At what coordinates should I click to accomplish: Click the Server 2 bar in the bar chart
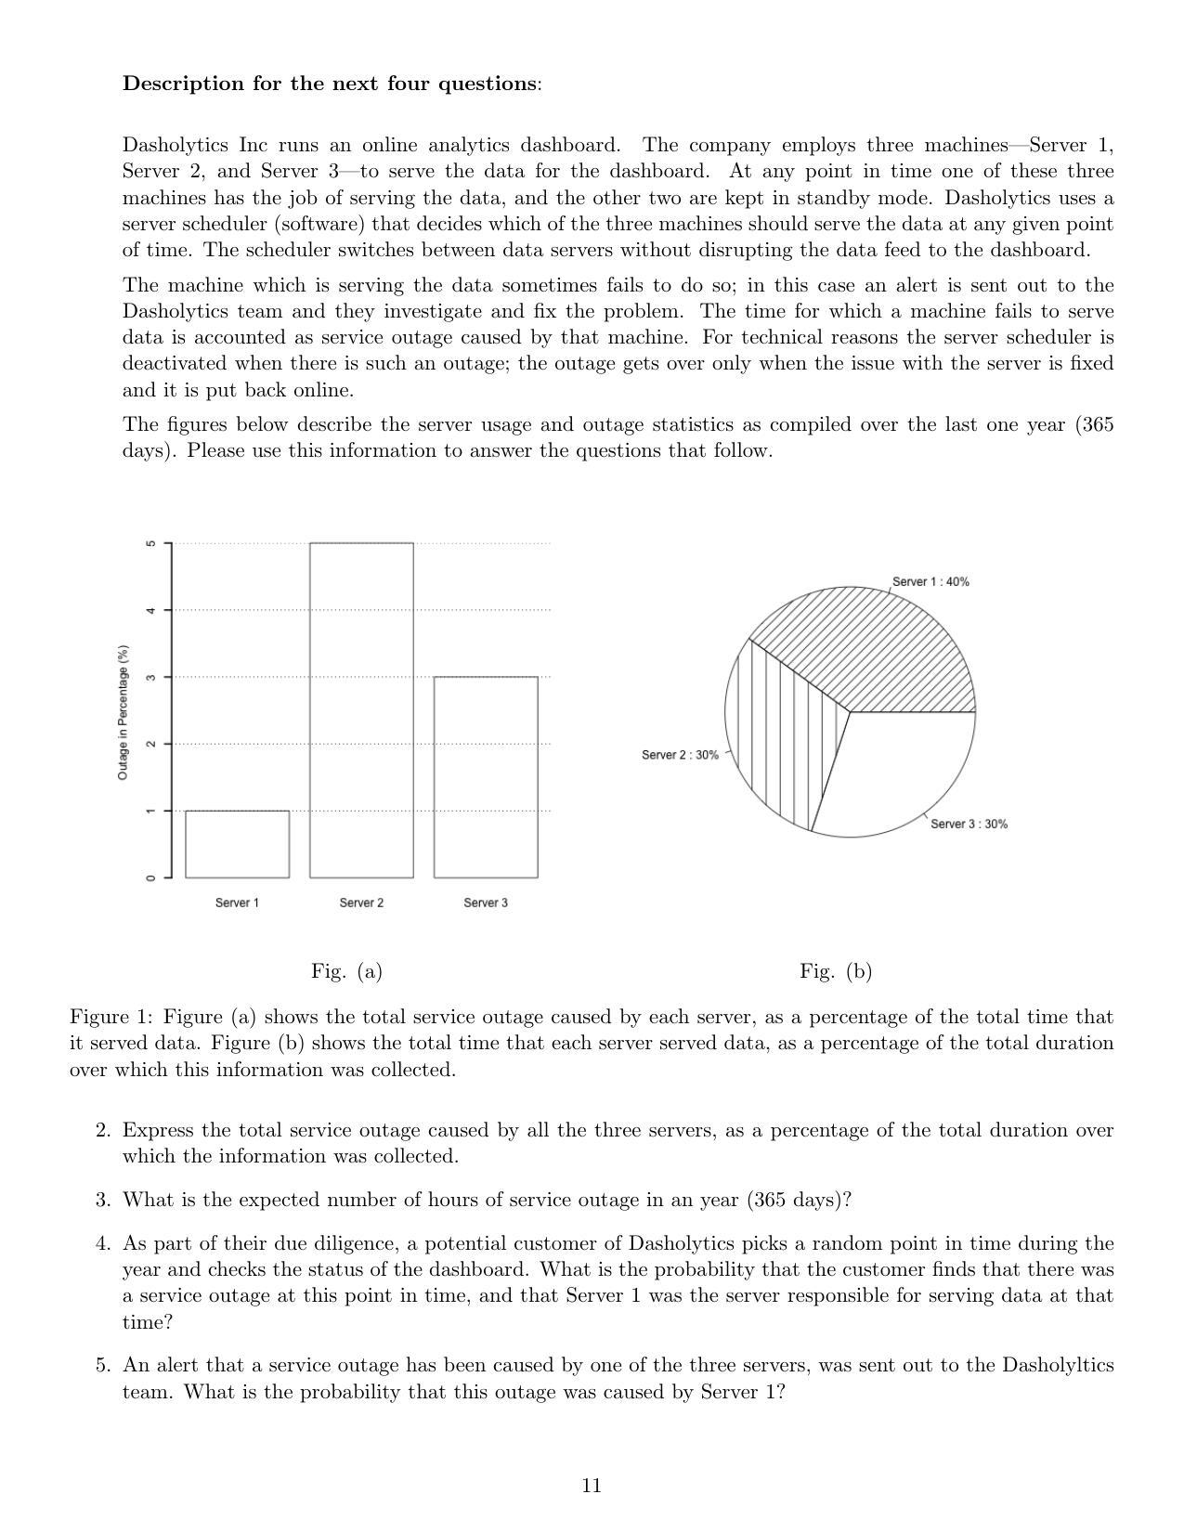click(361, 710)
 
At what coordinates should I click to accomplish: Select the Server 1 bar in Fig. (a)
click(237, 844)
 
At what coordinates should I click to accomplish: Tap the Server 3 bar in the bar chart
click(486, 777)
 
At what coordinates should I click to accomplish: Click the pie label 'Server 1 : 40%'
click(930, 582)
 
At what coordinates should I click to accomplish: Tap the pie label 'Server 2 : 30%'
click(680, 755)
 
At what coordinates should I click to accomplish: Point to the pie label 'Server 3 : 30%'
click(969, 825)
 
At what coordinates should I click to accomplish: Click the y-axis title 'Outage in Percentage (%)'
click(123, 712)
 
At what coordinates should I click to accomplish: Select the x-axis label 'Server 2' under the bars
click(361, 903)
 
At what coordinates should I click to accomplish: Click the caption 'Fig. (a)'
click(346, 971)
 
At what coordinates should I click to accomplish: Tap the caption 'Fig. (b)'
click(836, 971)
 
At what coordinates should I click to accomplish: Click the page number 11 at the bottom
click(592, 1486)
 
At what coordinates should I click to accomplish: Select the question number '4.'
click(103, 1243)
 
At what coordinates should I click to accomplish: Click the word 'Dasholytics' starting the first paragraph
click(176, 146)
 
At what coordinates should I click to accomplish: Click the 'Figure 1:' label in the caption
click(111, 1018)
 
